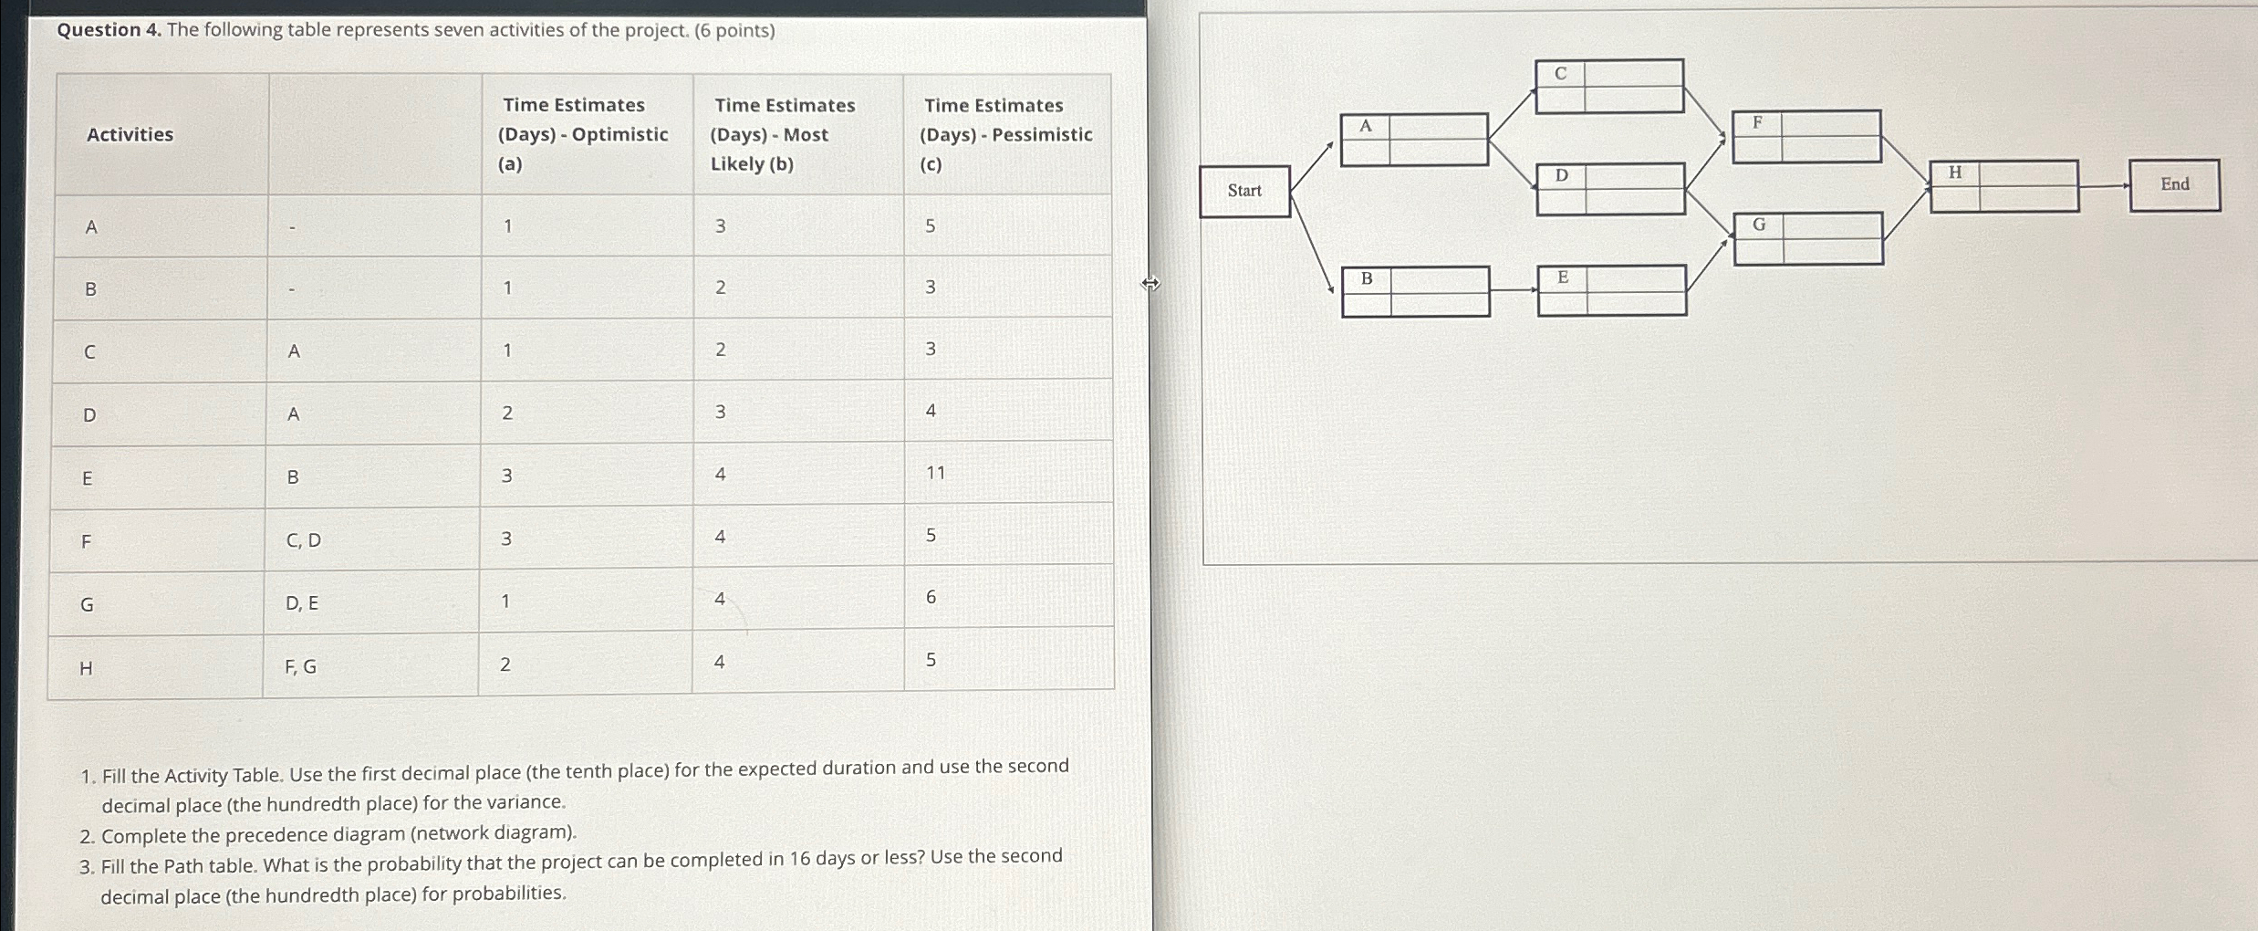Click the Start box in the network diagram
click(1244, 191)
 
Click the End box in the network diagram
click(2174, 184)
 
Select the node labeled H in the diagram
click(2003, 186)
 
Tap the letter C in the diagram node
click(1560, 74)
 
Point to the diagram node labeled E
click(1611, 290)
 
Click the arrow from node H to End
click(2104, 185)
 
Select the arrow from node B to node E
click(1514, 290)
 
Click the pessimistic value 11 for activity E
click(935, 473)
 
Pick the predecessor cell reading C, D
click(304, 540)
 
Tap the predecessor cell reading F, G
click(301, 667)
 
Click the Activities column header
click(130, 135)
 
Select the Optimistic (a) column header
click(583, 134)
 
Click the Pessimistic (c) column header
click(1005, 134)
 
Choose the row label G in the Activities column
click(88, 604)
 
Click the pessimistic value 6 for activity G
click(931, 597)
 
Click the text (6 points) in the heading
click(734, 31)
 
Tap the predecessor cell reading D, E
click(302, 603)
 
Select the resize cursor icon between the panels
click(1150, 284)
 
